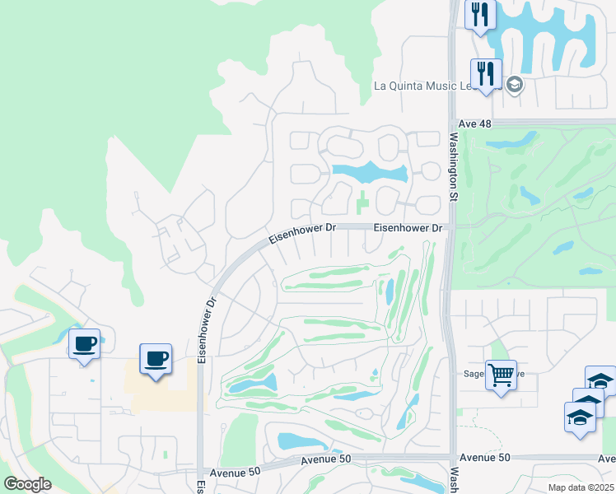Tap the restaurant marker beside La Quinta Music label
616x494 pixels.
(486, 74)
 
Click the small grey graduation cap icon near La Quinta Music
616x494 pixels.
(515, 85)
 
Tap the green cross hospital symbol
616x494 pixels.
(362, 200)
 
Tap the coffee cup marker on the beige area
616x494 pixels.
(156, 359)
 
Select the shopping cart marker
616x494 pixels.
(501, 375)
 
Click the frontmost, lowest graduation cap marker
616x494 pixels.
(580, 418)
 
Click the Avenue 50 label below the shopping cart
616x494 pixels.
(485, 458)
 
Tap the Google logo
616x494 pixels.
(27, 483)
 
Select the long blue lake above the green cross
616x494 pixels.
(370, 173)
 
